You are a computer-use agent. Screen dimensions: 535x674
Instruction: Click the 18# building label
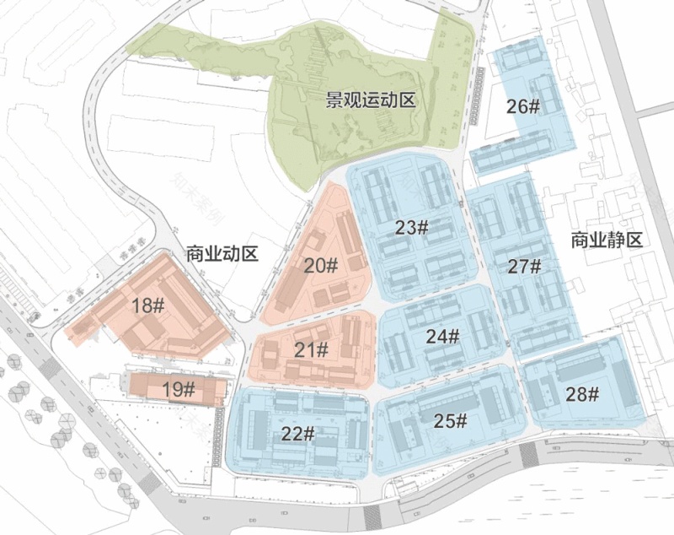pyautogui.click(x=147, y=305)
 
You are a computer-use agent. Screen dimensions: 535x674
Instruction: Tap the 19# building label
pyautogui.click(x=179, y=389)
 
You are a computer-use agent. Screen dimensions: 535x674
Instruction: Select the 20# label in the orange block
pyautogui.click(x=321, y=266)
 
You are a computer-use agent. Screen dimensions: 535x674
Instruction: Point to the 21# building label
pyautogui.click(x=312, y=349)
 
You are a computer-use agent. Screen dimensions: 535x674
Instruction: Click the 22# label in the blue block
pyautogui.click(x=298, y=434)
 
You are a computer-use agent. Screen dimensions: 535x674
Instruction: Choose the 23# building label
pyautogui.click(x=412, y=227)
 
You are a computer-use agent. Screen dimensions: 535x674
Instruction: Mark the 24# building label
pyautogui.click(x=442, y=336)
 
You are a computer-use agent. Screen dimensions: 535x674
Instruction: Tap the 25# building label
pyautogui.click(x=451, y=419)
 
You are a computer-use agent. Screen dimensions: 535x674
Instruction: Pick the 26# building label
pyautogui.click(x=523, y=106)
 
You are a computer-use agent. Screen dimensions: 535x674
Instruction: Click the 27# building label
pyautogui.click(x=524, y=266)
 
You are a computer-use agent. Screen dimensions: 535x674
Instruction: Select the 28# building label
pyautogui.click(x=582, y=394)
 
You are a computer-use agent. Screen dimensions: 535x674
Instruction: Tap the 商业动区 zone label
pyautogui.click(x=222, y=252)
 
